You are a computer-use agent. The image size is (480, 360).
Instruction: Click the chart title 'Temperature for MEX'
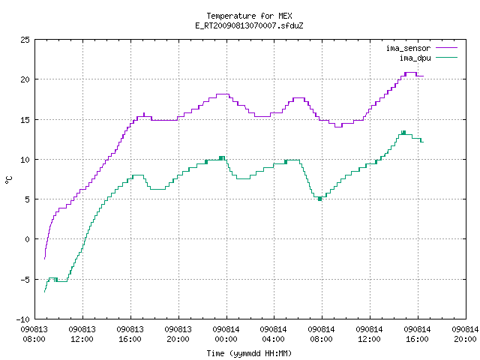coord(249,16)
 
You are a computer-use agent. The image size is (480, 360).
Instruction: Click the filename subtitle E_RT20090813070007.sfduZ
coord(249,25)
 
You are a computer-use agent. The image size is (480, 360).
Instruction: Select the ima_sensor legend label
coord(408,48)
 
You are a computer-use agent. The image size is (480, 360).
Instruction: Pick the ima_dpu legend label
coord(415,58)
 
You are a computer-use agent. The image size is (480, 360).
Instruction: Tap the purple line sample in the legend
coord(447,48)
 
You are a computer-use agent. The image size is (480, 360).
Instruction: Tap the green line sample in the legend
coord(447,58)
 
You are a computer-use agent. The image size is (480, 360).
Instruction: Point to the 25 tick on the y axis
coord(25,40)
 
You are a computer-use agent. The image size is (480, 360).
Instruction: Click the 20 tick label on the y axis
coord(25,79)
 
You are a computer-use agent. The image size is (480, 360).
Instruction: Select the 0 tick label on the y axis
coord(28,239)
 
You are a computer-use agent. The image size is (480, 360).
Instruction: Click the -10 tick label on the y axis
coord(23,319)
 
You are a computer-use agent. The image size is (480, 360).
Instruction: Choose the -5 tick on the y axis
coord(25,280)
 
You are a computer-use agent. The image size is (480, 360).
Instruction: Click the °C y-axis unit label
coord(9,180)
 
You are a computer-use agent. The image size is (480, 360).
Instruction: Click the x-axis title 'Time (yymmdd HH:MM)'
coord(249,353)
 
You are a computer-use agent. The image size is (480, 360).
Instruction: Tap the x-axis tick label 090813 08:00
coord(34,334)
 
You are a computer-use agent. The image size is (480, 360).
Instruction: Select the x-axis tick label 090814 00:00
coord(226,334)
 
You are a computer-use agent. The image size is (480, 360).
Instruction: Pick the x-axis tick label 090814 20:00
coord(465,334)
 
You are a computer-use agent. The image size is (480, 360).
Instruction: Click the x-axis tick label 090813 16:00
coord(130,334)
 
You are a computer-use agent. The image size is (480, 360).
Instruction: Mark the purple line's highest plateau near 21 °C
coord(410,73)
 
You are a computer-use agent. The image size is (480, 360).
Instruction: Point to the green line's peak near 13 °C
coord(403,133)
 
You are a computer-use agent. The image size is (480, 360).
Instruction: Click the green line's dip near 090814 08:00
coord(320,199)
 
